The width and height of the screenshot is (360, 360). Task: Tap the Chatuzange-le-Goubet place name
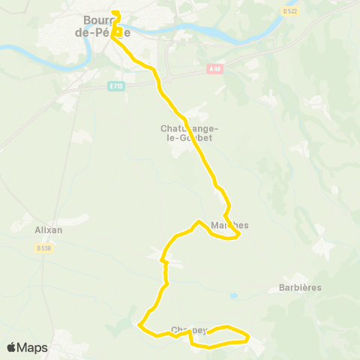(186, 133)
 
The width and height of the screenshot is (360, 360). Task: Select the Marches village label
(229, 225)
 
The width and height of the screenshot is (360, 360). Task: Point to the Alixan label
(49, 230)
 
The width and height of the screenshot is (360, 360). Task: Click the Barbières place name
(300, 288)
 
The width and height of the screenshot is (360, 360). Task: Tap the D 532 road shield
(290, 11)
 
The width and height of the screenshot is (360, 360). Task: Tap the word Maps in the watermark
(33, 347)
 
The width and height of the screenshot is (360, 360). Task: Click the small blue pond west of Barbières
(235, 296)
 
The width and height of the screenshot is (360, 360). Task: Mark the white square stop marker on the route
(118, 31)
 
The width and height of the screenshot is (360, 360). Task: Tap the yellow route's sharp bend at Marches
(238, 235)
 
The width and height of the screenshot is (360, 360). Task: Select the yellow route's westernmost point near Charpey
(139, 324)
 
